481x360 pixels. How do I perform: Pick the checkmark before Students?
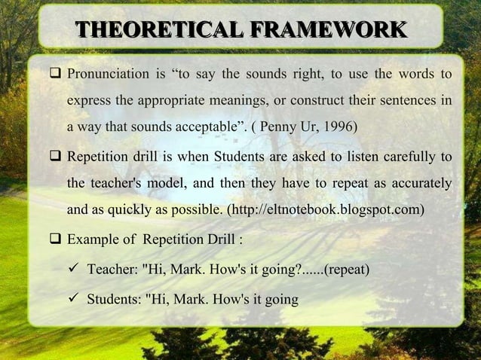75,299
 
